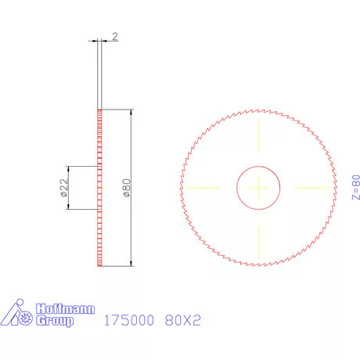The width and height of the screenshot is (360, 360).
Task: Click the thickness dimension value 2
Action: [x=114, y=37]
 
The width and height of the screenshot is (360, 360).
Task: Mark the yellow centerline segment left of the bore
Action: [x=200, y=188]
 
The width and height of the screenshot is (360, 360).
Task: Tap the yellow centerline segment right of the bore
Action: [x=311, y=188]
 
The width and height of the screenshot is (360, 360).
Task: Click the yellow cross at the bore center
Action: [x=259, y=188]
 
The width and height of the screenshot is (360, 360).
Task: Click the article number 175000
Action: [x=128, y=320]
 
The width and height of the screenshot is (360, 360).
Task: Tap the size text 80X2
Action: [x=183, y=320]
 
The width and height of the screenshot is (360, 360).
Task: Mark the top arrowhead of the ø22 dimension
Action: [x=70, y=169]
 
